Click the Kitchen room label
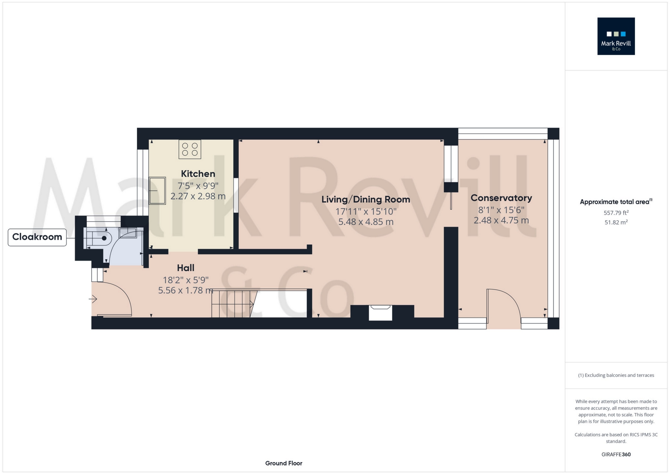point(198,174)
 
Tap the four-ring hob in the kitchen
point(190,149)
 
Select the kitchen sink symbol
point(157,191)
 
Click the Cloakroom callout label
point(37,237)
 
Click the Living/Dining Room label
point(366,199)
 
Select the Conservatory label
point(501,198)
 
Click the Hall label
point(186,268)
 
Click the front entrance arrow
point(93,299)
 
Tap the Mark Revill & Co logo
point(616,36)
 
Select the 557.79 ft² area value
point(616,213)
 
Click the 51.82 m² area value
point(616,222)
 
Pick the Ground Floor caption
point(284,463)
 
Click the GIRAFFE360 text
point(616,454)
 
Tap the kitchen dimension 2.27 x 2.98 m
point(198,196)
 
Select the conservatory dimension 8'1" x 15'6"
point(501,210)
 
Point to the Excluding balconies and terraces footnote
point(616,375)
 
